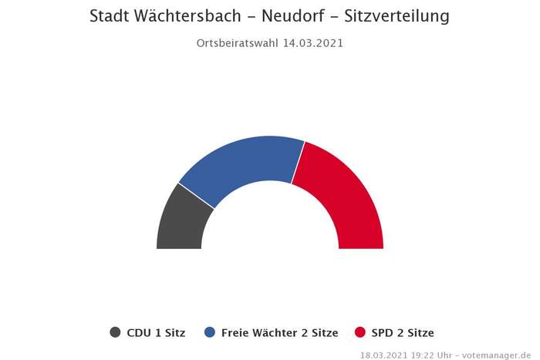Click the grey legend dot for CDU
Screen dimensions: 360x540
pyautogui.click(x=116, y=333)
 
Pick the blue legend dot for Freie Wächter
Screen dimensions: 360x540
pyautogui.click(x=210, y=333)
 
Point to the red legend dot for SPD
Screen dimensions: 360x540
pyautogui.click(x=359, y=333)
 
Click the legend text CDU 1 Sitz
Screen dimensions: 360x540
pyautogui.click(x=156, y=333)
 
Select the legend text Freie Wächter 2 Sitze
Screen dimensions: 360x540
pyautogui.click(x=279, y=333)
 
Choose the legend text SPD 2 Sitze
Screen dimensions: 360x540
pyautogui.click(x=402, y=333)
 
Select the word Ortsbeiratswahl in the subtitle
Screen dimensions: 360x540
pyautogui.click(x=237, y=43)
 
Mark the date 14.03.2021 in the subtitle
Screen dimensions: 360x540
pyautogui.click(x=312, y=43)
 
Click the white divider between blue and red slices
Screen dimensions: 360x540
pyautogui.click(x=298, y=163)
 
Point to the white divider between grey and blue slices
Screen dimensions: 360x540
pyautogui.click(x=197, y=196)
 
